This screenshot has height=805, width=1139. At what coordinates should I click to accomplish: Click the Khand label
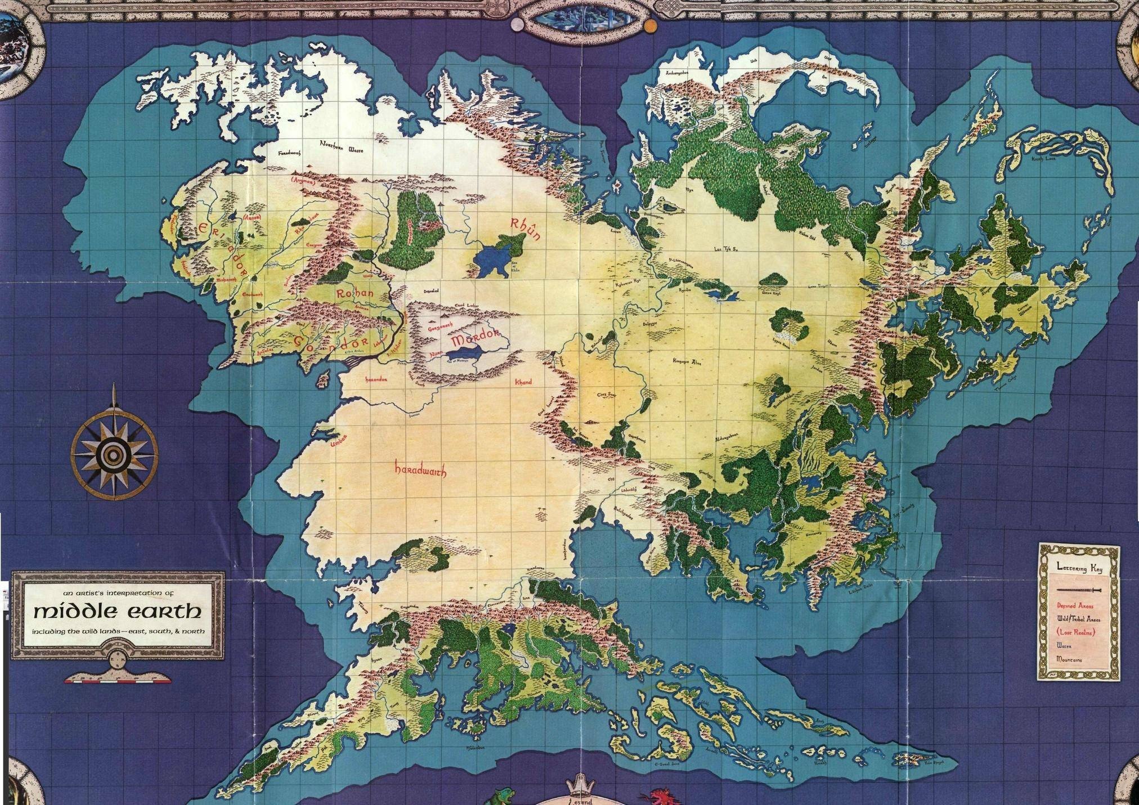[523, 382]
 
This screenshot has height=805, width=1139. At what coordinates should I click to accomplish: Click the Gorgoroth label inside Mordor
[441, 327]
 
